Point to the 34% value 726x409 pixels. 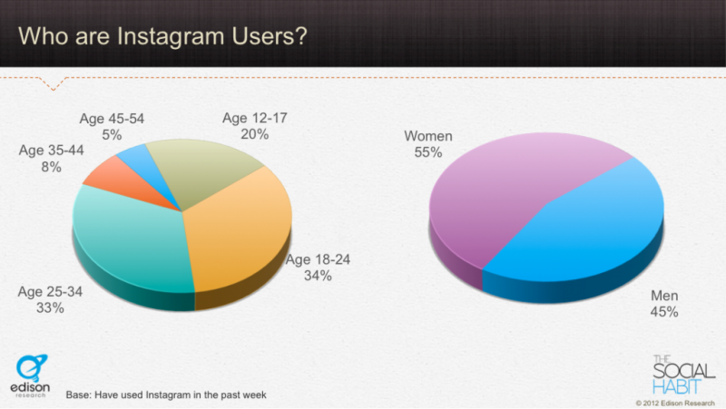(x=319, y=276)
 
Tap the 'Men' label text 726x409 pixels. (x=664, y=297)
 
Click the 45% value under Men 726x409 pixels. (x=664, y=312)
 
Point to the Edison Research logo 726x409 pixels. (x=31, y=375)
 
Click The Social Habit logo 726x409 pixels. (x=679, y=373)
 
